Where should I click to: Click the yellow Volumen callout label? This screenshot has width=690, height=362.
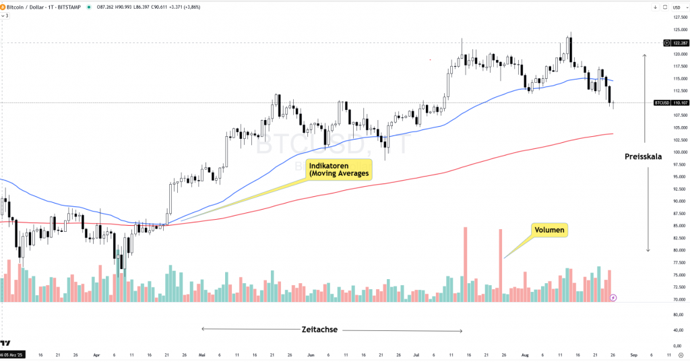coord(549,231)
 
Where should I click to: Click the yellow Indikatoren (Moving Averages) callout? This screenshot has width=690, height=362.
coord(339,169)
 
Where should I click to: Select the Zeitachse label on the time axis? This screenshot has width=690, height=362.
coord(319,330)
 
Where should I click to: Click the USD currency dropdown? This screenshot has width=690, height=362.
coord(677,7)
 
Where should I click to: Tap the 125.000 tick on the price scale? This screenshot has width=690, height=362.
coord(679,29)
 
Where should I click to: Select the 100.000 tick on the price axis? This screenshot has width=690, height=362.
coord(679,152)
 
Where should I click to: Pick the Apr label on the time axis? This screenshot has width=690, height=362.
coord(96,354)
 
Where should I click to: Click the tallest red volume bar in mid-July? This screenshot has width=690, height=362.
coord(465,264)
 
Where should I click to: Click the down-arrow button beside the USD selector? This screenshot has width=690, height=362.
coord(655,7)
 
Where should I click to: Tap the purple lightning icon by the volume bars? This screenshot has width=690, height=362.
coord(613,297)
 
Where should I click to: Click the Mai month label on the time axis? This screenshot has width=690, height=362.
coord(201,354)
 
